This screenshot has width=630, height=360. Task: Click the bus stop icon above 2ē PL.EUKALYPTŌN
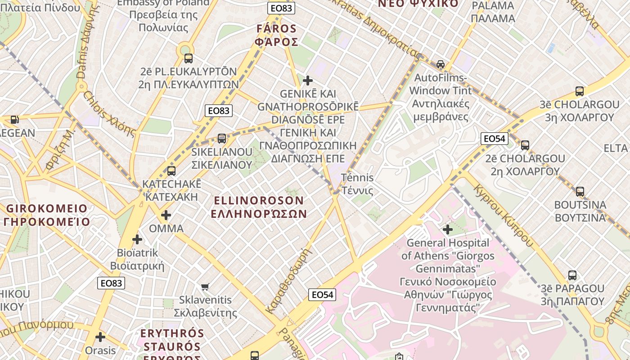pyautogui.click(x=189, y=58)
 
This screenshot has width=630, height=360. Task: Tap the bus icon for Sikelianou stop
pyautogui.click(x=221, y=138)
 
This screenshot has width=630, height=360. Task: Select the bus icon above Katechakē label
pyautogui.click(x=171, y=171)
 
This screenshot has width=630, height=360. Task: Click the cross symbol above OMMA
pyautogui.click(x=166, y=215)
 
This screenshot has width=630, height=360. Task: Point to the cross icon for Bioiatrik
pyautogui.click(x=137, y=239)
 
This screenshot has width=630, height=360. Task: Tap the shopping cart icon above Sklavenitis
pyautogui.click(x=205, y=287)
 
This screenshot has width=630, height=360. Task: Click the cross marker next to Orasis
pyautogui.click(x=100, y=337)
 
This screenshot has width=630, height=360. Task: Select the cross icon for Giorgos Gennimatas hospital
pyautogui.click(x=447, y=229)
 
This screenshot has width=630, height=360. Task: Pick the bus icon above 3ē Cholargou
pyautogui.click(x=580, y=91)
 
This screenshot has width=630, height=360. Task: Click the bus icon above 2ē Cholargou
pyautogui.click(x=525, y=145)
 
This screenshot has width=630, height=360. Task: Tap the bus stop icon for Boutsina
pyautogui.click(x=580, y=191)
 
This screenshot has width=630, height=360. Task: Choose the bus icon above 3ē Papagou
pyautogui.click(x=572, y=275)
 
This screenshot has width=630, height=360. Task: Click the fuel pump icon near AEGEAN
pyautogui.click(x=15, y=119)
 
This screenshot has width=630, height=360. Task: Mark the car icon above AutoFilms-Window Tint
pyautogui.click(x=440, y=64)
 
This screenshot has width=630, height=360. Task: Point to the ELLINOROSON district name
pyautogui.click(x=259, y=207)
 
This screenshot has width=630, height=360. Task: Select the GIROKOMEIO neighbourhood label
pyautogui.click(x=47, y=215)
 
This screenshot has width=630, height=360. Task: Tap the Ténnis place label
pyautogui.click(x=357, y=184)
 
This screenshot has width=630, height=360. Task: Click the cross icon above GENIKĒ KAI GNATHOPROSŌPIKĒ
pyautogui.click(x=308, y=81)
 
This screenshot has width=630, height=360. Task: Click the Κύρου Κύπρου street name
pyautogui.click(x=504, y=216)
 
